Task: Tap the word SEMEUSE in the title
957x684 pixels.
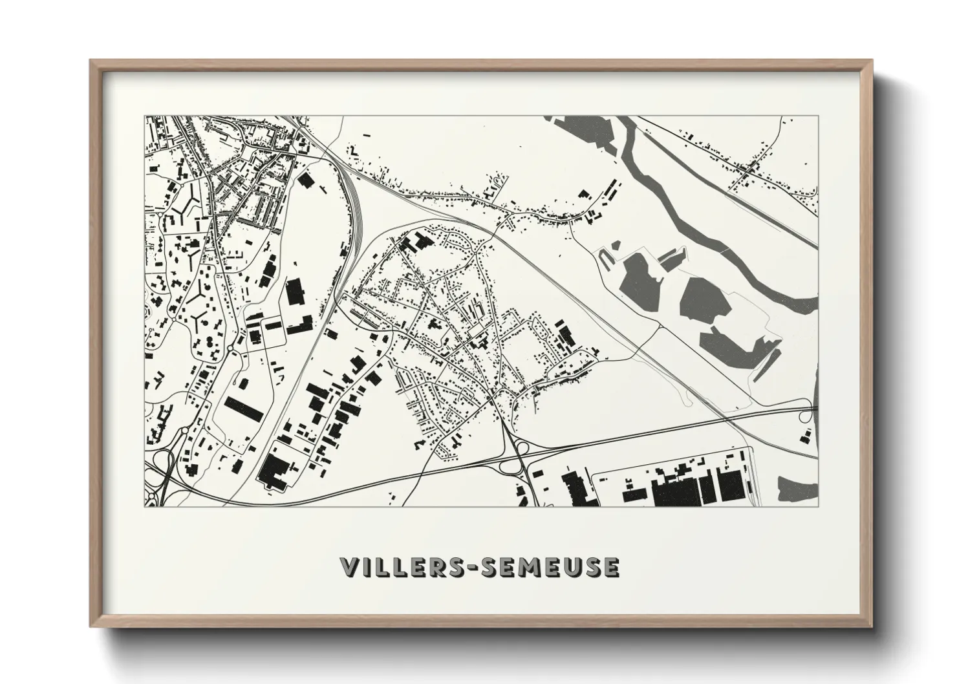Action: point(552,567)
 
